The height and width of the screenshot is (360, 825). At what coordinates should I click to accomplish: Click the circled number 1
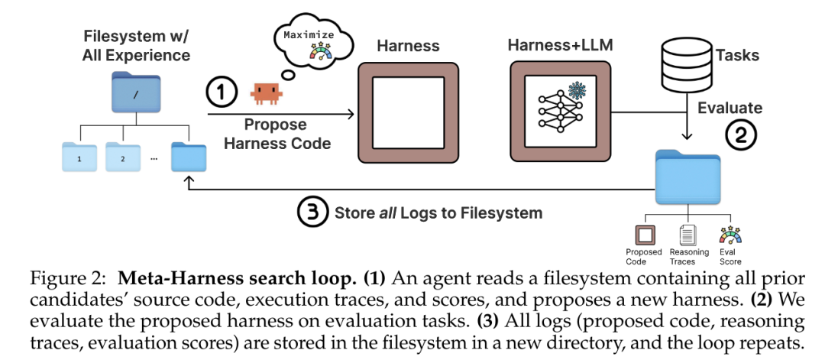tap(221, 92)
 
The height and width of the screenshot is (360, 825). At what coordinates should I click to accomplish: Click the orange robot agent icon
tap(267, 93)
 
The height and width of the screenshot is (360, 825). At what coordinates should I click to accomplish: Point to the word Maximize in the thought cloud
tap(309, 35)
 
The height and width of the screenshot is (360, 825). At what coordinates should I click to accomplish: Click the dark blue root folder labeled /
tap(136, 92)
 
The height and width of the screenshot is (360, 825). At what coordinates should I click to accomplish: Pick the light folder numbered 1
tap(79, 157)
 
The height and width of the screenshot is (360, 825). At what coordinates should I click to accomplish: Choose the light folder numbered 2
tap(123, 157)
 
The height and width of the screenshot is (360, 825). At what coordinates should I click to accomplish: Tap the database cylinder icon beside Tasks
tap(685, 63)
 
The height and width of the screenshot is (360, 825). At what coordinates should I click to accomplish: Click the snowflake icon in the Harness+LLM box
tap(577, 90)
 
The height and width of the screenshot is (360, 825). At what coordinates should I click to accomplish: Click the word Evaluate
tap(730, 108)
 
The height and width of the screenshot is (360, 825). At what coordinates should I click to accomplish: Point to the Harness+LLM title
tap(560, 45)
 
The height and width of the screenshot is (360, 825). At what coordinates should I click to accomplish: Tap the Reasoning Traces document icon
tap(687, 235)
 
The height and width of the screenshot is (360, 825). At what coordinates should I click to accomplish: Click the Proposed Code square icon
tap(645, 235)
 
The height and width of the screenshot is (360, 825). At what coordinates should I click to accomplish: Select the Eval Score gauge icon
tap(730, 235)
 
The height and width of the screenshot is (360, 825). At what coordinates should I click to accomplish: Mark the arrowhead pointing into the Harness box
tap(351, 114)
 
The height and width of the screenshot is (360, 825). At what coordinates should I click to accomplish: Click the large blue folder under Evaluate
tap(687, 177)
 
